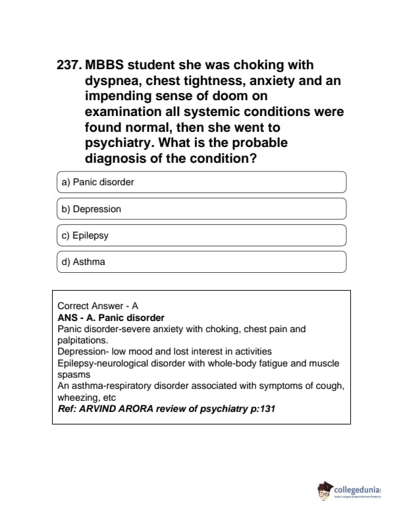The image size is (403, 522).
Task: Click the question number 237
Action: click(68, 65)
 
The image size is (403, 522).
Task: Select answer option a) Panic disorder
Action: click(201, 183)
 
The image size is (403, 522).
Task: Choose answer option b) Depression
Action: click(201, 209)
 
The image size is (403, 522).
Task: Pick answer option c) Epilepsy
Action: click(201, 235)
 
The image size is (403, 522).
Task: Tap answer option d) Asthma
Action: click(201, 262)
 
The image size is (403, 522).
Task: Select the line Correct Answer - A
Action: click(98, 306)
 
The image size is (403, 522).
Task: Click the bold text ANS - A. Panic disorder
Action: click(111, 318)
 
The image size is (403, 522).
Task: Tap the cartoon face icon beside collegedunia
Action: click(325, 491)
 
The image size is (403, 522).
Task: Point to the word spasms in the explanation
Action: click(73, 374)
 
